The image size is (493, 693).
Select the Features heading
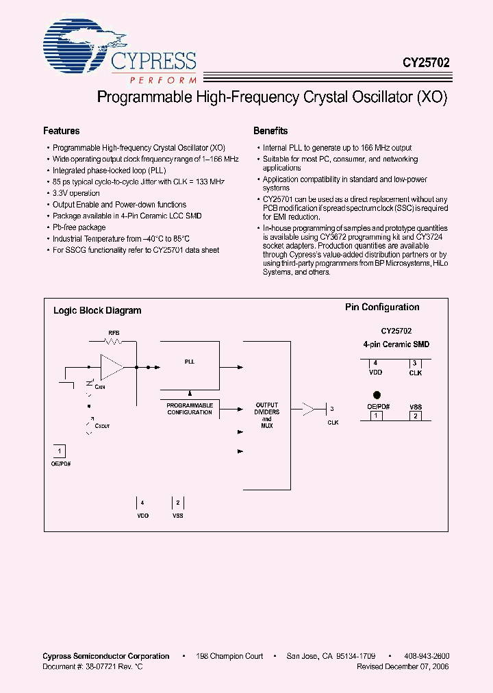point(61,131)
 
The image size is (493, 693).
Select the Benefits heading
point(270,131)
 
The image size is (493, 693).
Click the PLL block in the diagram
point(190,362)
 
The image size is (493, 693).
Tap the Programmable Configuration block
point(190,409)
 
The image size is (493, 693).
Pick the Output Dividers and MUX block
point(267,416)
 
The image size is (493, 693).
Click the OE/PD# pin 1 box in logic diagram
point(60,451)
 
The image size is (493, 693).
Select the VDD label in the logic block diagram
point(142,515)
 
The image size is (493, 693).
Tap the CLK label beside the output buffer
point(333,423)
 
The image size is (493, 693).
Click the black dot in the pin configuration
point(376,395)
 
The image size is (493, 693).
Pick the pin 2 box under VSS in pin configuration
point(416,416)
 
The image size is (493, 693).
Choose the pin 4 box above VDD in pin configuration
point(375,363)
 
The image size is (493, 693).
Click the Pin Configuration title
point(382,307)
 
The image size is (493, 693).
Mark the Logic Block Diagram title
point(97,310)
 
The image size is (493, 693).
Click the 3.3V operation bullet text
point(76,193)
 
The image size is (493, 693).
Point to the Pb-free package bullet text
point(79,227)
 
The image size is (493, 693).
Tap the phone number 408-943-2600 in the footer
point(427,655)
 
